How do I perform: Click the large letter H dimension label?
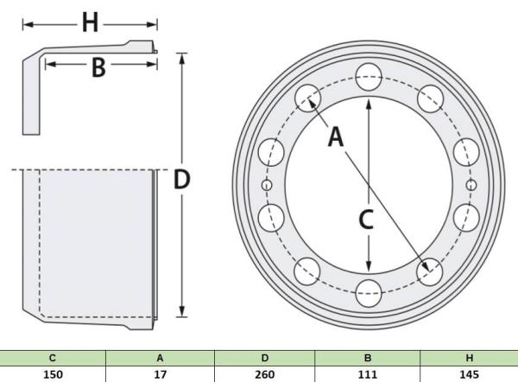[x=90, y=23]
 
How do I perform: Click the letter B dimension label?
[x=98, y=67]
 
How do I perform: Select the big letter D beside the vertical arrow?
[x=181, y=180]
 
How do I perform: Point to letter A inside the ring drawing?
[x=336, y=137]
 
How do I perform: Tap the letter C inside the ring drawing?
[x=366, y=220]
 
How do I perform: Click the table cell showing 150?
[x=53, y=374]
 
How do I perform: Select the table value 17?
[x=160, y=374]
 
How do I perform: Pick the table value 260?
[x=265, y=374]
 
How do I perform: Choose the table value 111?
[x=368, y=374]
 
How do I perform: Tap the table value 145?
[x=469, y=374]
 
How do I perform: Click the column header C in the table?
[x=52, y=358]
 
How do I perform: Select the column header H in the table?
[x=470, y=358]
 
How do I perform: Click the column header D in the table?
[x=265, y=358]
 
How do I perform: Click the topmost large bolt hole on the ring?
[x=369, y=77]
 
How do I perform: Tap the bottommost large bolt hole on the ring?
[x=369, y=293]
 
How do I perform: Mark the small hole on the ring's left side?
[x=267, y=185]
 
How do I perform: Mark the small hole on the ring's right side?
[x=471, y=185]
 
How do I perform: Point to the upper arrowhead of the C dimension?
[x=369, y=104]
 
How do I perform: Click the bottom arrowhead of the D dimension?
[x=181, y=311]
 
